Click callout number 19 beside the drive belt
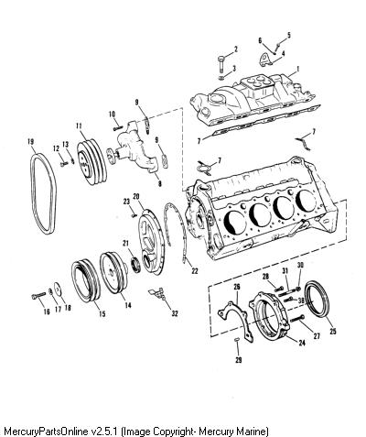30,142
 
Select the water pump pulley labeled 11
91,162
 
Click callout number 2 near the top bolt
236,49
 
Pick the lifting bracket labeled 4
265,60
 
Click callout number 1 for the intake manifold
297,70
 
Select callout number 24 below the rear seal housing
302,343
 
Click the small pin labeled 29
237,340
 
